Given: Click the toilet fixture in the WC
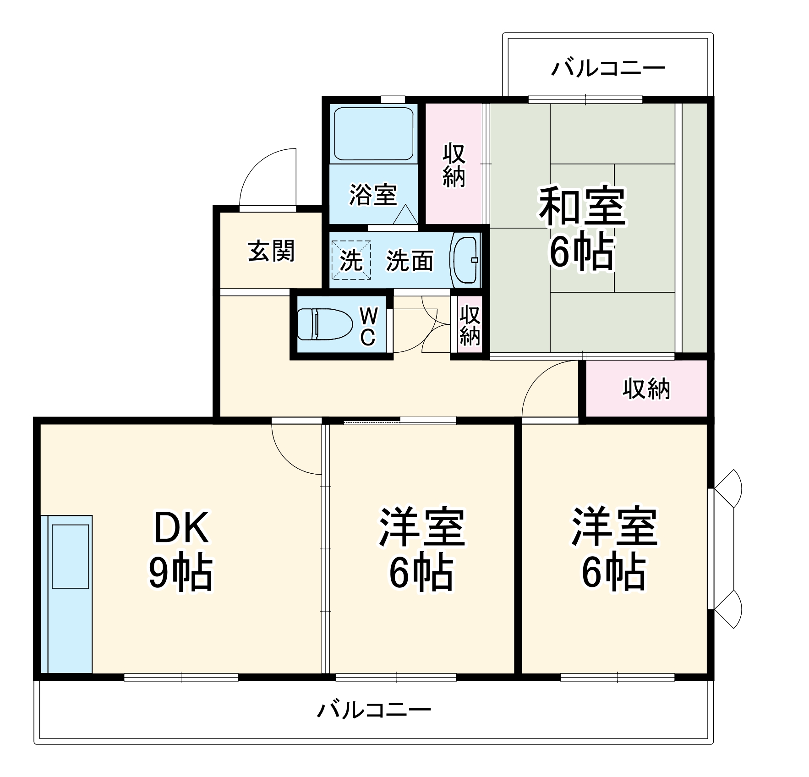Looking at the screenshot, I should click(x=324, y=324).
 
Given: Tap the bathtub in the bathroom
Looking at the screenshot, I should click(x=373, y=133).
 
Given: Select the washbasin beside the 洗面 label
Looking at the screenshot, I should click(x=466, y=260).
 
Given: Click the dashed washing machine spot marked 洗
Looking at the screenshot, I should click(x=351, y=260).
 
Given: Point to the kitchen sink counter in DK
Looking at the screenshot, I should click(x=67, y=594).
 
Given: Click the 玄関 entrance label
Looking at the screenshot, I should click(x=271, y=251).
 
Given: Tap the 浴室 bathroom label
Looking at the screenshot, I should click(x=373, y=195).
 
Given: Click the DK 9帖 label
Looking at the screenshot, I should click(x=181, y=549).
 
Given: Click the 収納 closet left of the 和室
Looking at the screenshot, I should click(x=454, y=165).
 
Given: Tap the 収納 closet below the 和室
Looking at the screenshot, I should click(x=646, y=389).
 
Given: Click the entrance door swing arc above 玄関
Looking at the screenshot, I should click(x=266, y=176).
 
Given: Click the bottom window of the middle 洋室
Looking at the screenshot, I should click(x=396, y=677).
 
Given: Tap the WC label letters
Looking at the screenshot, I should click(x=368, y=326).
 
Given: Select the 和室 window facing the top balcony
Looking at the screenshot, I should click(x=585, y=99).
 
